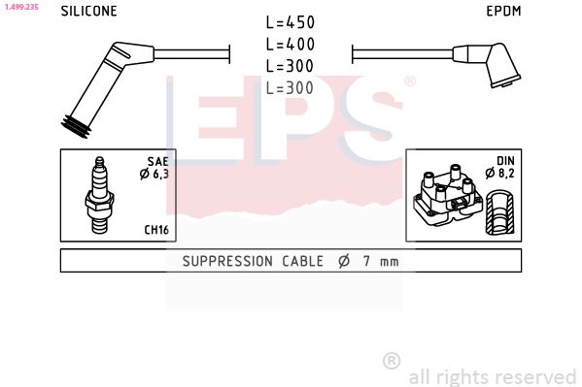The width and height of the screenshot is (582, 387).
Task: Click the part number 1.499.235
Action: click(x=19, y=6)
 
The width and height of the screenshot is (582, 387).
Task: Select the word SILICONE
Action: click(x=88, y=12)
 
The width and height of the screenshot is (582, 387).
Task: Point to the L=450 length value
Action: click(x=290, y=22)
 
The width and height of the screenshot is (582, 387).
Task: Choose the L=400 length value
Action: click(x=290, y=45)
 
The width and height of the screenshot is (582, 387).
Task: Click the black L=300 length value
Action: click(x=290, y=66)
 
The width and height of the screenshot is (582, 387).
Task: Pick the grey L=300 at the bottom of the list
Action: click(x=290, y=87)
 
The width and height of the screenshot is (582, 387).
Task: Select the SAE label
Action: click(x=158, y=161)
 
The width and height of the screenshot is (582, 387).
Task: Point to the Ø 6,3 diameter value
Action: click(x=155, y=174)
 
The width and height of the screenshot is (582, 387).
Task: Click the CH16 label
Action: click(x=157, y=230)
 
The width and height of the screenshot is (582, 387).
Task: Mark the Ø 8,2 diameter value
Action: click(x=501, y=174)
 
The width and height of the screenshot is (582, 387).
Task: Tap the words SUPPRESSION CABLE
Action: click(x=248, y=262)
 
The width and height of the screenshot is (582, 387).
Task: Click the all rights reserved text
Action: click(x=492, y=376)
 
